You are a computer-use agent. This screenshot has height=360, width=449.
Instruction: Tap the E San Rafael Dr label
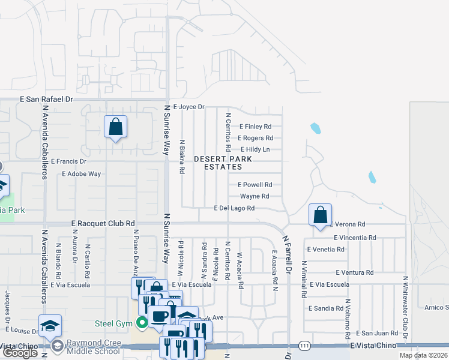[x=46, y=99]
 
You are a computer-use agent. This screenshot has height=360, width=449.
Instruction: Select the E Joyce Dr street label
[x=188, y=107]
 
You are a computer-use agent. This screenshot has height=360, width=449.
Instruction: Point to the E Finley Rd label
[x=256, y=127]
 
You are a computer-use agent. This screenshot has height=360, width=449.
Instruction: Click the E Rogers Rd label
[x=255, y=138]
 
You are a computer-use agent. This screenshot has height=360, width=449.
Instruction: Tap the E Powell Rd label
[x=255, y=185]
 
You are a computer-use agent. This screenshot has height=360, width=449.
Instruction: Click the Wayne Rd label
[x=255, y=196]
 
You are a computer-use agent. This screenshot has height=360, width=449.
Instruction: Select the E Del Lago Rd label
[x=235, y=208]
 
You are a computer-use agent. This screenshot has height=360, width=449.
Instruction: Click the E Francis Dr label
[x=68, y=161]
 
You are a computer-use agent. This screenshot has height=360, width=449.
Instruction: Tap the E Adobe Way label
[x=82, y=173]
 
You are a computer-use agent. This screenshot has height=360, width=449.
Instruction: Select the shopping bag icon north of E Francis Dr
[x=115, y=127]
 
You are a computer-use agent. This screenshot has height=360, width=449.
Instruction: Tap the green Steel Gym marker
[x=142, y=323]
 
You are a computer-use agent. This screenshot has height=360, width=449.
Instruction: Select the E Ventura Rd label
[x=354, y=272]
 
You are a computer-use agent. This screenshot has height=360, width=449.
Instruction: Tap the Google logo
[x=20, y=353]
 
